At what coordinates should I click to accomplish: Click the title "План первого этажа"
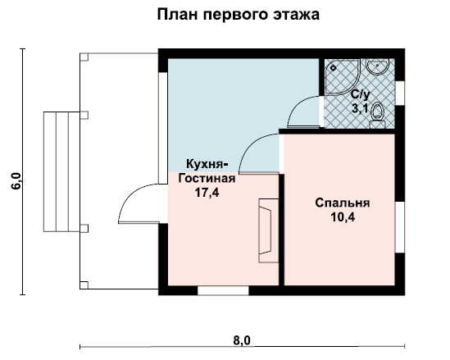pyautogui.click(x=239, y=15)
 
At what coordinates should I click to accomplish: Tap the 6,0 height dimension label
pyautogui.click(x=16, y=181)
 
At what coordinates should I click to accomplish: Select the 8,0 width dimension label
pyautogui.click(x=242, y=341)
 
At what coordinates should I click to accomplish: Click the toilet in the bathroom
pyautogui.click(x=377, y=116)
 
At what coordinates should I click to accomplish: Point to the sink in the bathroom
pyautogui.click(x=377, y=66)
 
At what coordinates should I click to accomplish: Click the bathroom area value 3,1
pyautogui.click(x=360, y=109)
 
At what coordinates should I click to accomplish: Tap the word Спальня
pyautogui.click(x=343, y=203)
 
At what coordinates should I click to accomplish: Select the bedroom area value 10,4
pyautogui.click(x=343, y=217)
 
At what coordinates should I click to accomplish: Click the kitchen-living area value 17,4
pyautogui.click(x=207, y=193)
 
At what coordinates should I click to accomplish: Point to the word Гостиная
pyautogui.click(x=207, y=178)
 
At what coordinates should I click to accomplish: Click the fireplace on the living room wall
pyautogui.click(x=269, y=230)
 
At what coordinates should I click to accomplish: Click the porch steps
pyautogui.click(x=61, y=171)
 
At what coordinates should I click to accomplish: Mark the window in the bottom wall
pyautogui.click(x=223, y=290)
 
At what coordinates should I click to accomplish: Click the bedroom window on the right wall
pyautogui.click(x=400, y=227)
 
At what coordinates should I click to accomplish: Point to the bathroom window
pyautogui.click(x=400, y=93)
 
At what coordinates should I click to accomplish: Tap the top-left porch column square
pyautogui.click(x=84, y=57)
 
